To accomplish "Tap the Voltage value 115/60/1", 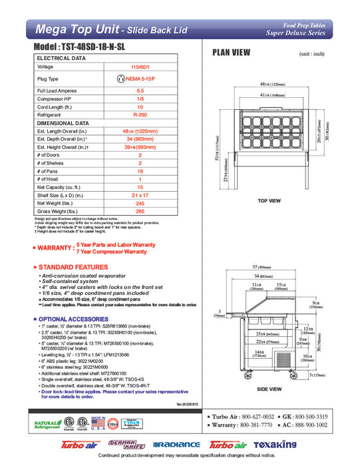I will (140, 67).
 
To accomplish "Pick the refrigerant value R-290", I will (140, 115).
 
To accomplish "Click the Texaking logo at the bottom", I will (296, 444).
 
